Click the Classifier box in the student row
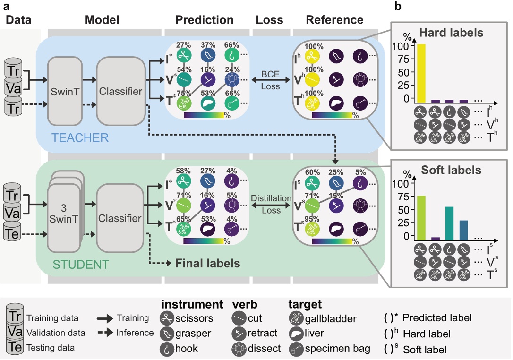tap(120, 218)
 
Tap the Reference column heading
tap(334, 20)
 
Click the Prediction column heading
tap(204, 20)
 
